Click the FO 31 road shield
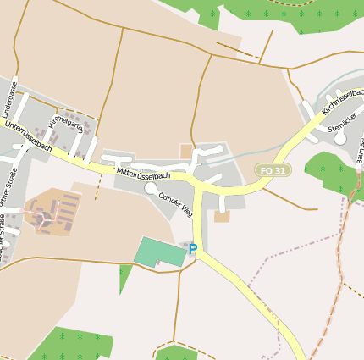click(x=273, y=170)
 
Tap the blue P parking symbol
click(x=193, y=249)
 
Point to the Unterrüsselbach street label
click(x=28, y=136)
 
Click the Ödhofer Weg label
click(x=175, y=203)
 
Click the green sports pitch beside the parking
click(x=160, y=252)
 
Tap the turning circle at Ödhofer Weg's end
click(x=150, y=188)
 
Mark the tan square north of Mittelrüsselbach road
click(x=186, y=151)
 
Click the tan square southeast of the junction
click(x=222, y=217)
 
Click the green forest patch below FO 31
click(x=331, y=174)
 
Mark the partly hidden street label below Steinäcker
click(x=359, y=147)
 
